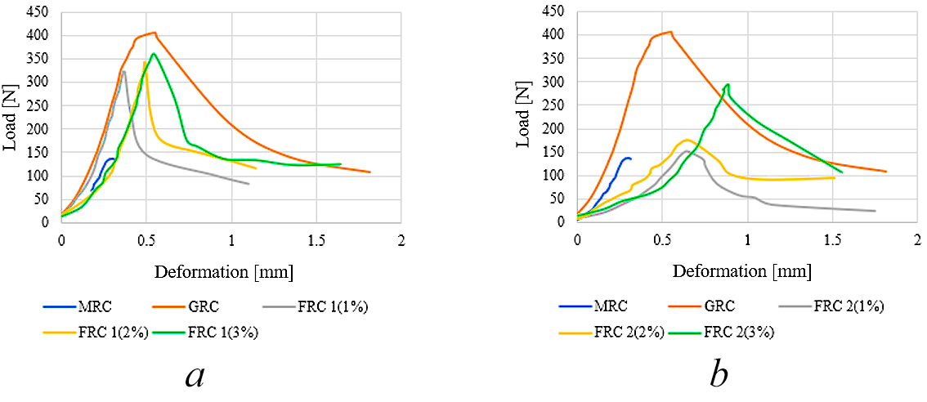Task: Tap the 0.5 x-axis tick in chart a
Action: click(146, 239)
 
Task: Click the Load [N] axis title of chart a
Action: click(11, 117)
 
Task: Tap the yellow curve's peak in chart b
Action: click(687, 140)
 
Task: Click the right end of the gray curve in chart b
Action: click(875, 211)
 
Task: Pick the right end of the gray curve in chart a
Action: click(249, 184)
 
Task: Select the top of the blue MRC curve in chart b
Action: click(628, 158)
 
